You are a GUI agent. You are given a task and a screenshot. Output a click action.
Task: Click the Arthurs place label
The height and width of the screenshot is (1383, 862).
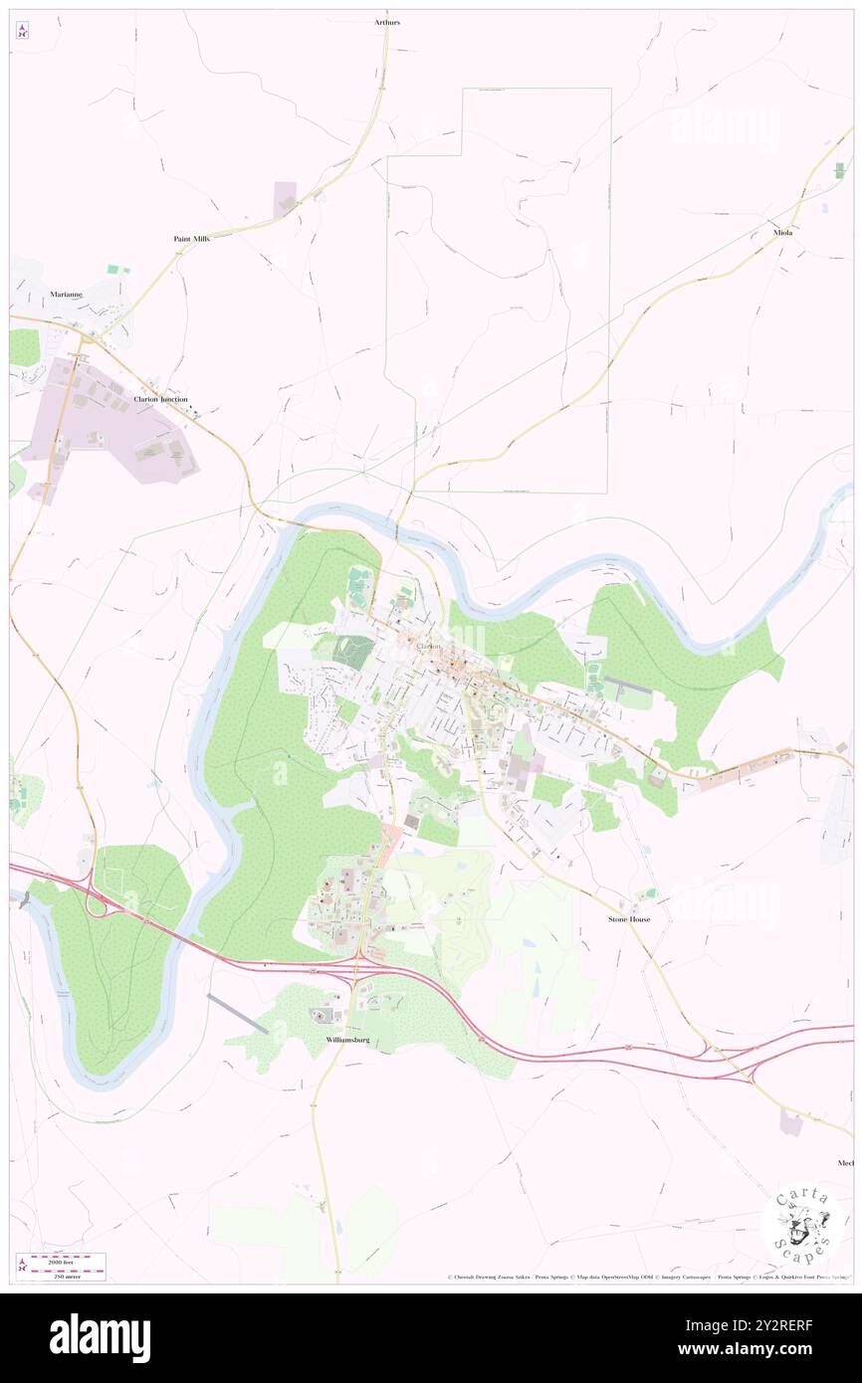(x=387, y=21)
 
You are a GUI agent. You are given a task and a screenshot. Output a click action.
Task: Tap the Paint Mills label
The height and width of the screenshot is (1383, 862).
(x=191, y=239)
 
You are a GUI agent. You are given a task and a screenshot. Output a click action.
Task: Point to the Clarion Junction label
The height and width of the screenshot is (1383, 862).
(x=160, y=398)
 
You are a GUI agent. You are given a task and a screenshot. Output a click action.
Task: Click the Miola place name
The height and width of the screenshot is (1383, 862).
(x=783, y=232)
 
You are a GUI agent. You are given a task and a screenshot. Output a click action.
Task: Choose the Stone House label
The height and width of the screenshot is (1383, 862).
(x=629, y=919)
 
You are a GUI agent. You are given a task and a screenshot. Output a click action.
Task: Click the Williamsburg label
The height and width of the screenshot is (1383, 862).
(x=347, y=1039)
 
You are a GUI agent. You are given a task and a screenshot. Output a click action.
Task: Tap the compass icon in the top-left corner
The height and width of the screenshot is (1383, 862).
(x=22, y=30)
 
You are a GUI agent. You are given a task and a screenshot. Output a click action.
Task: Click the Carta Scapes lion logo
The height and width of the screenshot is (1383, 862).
(x=801, y=1227)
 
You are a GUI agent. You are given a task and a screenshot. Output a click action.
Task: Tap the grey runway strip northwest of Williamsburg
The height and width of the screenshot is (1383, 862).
(x=237, y=1013)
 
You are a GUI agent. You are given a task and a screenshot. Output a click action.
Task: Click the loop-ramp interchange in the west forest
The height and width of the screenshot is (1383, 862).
(x=99, y=904)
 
